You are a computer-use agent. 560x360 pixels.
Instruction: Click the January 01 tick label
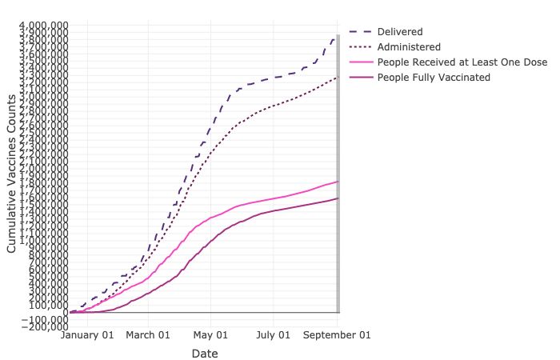88,335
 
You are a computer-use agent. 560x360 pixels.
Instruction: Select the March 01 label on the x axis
149,335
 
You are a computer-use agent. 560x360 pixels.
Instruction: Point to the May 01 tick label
212,335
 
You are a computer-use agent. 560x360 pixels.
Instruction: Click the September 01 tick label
338,335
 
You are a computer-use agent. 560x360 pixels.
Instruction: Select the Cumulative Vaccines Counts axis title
12,174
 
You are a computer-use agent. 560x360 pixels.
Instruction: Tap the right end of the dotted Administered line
338,77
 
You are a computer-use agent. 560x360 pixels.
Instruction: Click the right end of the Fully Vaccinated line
338,198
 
